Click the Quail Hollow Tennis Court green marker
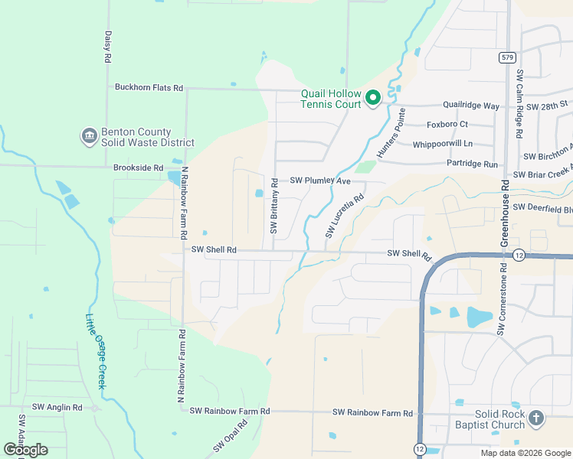point(373,98)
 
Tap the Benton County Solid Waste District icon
point(89,136)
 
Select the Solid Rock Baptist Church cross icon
point(536,418)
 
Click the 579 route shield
point(506,57)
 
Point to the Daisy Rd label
point(108,47)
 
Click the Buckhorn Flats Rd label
point(149,88)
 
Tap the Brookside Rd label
point(138,168)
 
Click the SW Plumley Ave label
point(319,181)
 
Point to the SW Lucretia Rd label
point(344,216)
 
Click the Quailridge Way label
point(471,106)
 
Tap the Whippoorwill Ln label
point(442,144)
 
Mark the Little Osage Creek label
point(95,351)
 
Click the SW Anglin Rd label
point(57,408)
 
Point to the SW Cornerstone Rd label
point(502,300)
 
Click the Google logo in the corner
point(25,450)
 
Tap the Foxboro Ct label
point(447,125)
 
